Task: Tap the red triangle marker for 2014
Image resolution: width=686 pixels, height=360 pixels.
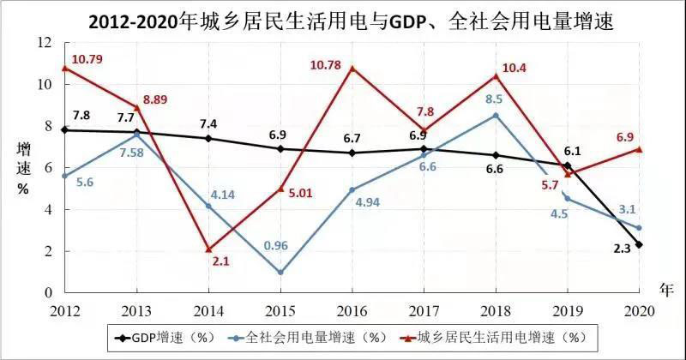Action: point(209,249)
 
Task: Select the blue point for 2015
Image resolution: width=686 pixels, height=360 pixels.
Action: point(281,273)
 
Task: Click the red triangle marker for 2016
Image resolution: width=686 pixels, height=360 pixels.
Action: point(353,69)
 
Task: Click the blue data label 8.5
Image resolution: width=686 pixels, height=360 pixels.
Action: point(495,99)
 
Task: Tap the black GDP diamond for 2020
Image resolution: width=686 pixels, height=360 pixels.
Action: point(639,244)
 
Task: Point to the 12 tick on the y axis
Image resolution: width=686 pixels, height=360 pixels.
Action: point(46,43)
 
